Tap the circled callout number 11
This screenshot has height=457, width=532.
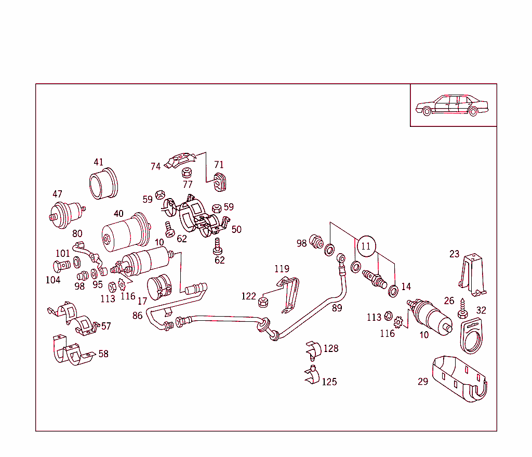(366, 246)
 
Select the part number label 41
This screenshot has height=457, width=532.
(99, 162)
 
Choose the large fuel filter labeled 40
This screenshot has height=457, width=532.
(125, 232)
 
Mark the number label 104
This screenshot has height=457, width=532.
(52, 280)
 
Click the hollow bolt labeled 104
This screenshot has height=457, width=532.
(61, 266)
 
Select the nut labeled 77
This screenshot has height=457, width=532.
(188, 173)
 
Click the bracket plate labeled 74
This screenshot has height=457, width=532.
(179, 160)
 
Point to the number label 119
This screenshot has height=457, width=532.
(282, 269)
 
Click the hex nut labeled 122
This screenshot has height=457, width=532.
(263, 301)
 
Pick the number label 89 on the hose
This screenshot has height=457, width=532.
(338, 307)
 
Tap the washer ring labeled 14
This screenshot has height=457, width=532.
(393, 290)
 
